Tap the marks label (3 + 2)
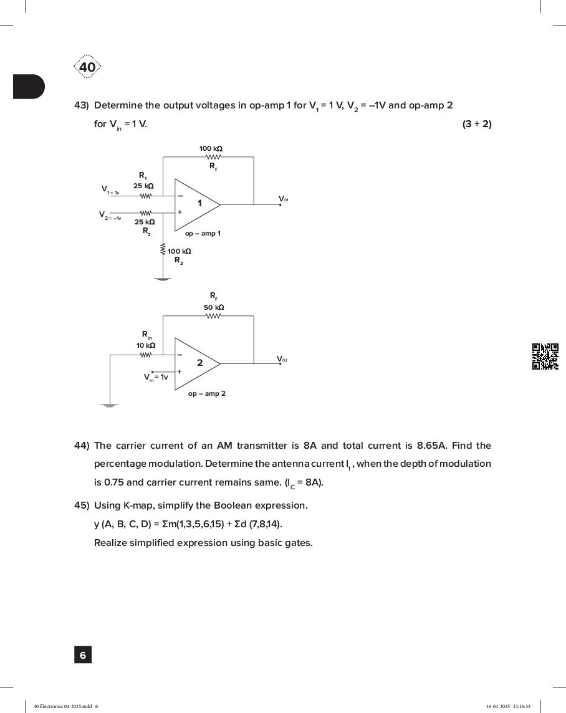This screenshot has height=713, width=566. pyautogui.click(x=477, y=124)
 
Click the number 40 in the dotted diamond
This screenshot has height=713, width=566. pyautogui.click(x=87, y=67)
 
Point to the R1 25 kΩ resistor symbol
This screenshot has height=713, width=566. pyautogui.click(x=145, y=196)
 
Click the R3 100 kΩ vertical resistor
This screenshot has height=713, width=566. pyautogui.click(x=163, y=250)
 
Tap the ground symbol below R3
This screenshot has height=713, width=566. pyautogui.click(x=163, y=279)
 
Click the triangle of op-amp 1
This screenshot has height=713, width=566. pyautogui.click(x=196, y=204)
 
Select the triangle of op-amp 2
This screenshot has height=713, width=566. pyautogui.click(x=196, y=363)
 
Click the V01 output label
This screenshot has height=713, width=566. pyautogui.click(x=283, y=199)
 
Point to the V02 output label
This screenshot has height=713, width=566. pyautogui.click(x=282, y=359)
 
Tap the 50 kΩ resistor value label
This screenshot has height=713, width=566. pyautogui.click(x=214, y=307)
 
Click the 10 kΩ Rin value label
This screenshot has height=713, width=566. pyautogui.click(x=146, y=345)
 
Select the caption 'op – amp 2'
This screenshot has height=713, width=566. pyautogui.click(x=207, y=394)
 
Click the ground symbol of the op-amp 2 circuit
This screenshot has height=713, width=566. pyautogui.click(x=110, y=405)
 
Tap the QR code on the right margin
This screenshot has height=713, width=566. pyautogui.click(x=545, y=356)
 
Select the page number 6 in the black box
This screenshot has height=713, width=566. pyautogui.click(x=83, y=655)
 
